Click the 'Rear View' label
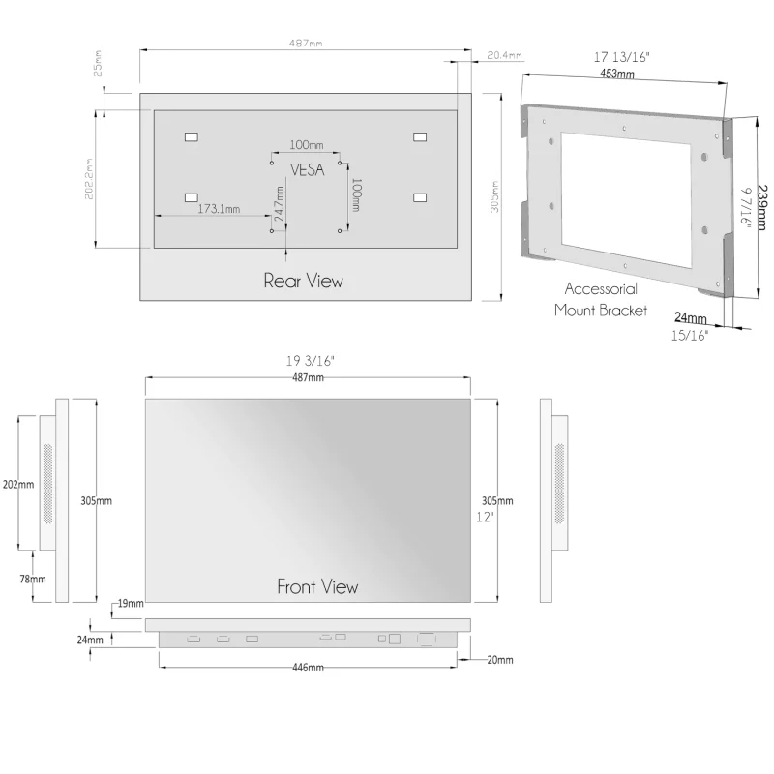click(x=303, y=282)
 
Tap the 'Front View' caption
click(x=317, y=586)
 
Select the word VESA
click(x=308, y=168)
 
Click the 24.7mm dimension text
click(x=280, y=208)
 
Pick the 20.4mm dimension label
click(x=504, y=55)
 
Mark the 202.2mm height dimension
click(x=89, y=179)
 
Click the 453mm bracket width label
click(x=617, y=73)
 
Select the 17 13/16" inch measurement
click(x=621, y=58)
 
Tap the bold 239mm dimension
click(x=762, y=208)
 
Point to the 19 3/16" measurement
click(x=309, y=361)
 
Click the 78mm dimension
click(x=32, y=579)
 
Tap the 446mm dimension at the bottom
click(x=308, y=669)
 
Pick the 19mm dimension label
click(x=129, y=604)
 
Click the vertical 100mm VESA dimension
click(x=355, y=194)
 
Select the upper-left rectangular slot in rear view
click(x=191, y=136)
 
